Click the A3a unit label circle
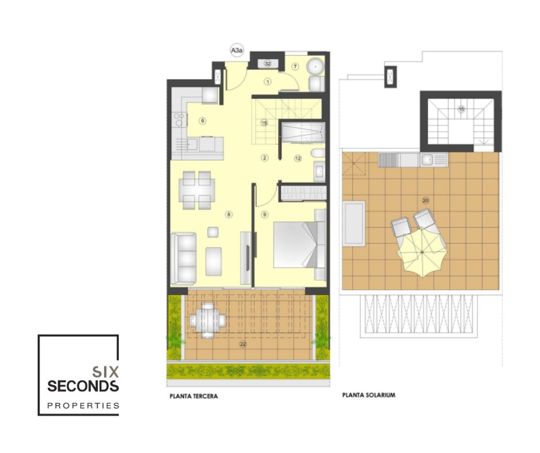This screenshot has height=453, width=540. (x=237, y=51)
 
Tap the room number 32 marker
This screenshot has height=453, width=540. (x=268, y=63)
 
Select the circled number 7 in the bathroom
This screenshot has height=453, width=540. (x=295, y=67)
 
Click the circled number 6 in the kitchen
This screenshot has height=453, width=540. (x=202, y=121)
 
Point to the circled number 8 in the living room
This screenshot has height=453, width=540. (x=229, y=214)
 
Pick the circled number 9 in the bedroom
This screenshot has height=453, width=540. (x=264, y=214)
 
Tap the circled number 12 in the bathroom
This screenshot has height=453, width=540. (x=298, y=158)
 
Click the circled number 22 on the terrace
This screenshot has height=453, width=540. (x=243, y=344)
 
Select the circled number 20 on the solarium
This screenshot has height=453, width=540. (x=426, y=201)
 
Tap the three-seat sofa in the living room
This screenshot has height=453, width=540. (x=184, y=259)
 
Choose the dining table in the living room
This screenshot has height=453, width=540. (x=196, y=190)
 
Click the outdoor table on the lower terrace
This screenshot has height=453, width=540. (x=208, y=320)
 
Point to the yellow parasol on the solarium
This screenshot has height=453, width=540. (x=422, y=253)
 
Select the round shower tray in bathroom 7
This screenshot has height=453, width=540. (x=315, y=67)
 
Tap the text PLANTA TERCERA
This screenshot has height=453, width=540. (x=194, y=396)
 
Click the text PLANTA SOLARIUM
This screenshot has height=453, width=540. (x=368, y=395)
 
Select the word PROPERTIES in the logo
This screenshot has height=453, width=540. (x=83, y=406)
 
